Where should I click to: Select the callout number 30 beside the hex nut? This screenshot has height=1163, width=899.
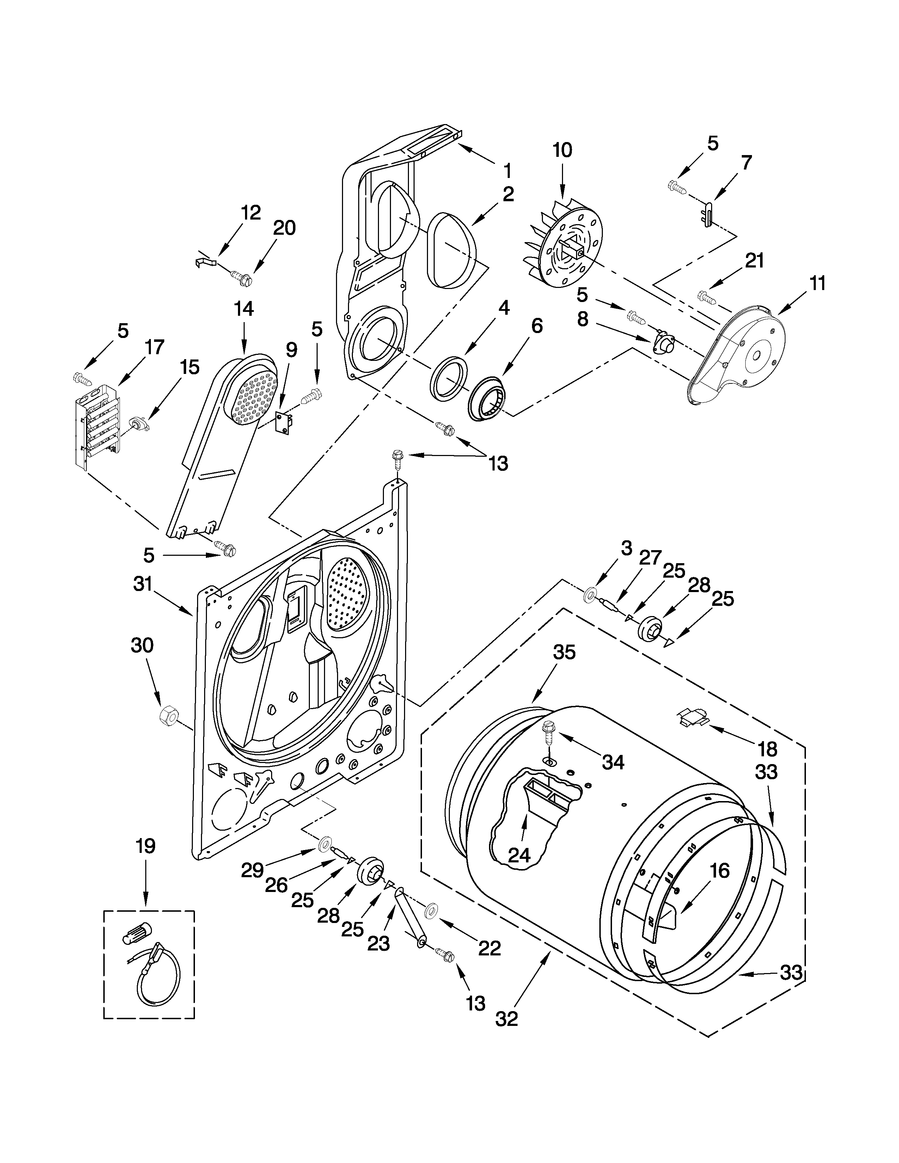[x=142, y=645]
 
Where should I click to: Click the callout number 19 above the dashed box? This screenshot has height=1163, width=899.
[x=145, y=845]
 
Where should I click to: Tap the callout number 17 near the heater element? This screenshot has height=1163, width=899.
[x=154, y=347]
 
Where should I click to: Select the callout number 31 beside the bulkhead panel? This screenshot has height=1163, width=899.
[x=143, y=584]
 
